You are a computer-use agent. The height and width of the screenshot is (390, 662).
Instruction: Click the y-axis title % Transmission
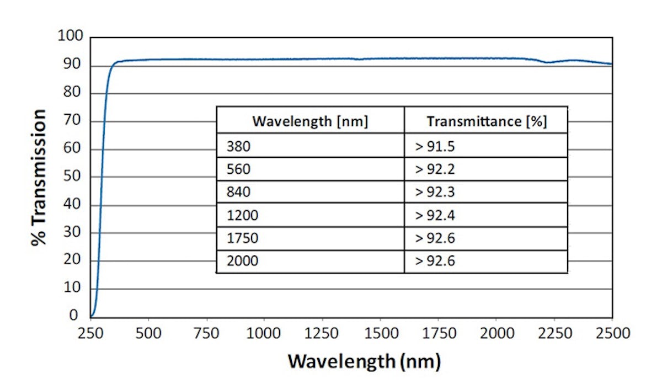[x=39, y=177]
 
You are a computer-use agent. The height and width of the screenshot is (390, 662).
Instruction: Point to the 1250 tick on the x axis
[x=322, y=333]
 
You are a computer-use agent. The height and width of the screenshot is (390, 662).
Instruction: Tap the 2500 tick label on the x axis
[x=612, y=333]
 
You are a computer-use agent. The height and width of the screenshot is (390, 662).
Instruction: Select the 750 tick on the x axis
[x=206, y=333]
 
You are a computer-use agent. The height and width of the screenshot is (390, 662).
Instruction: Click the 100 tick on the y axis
[x=71, y=37]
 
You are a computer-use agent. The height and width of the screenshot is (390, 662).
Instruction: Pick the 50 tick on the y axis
[x=76, y=177]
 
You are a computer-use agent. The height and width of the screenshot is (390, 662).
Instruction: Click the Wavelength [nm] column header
[x=310, y=120]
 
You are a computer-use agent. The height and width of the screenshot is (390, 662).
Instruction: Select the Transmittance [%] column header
[x=486, y=120]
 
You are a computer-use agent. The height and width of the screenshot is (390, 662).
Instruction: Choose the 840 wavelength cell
[x=238, y=193]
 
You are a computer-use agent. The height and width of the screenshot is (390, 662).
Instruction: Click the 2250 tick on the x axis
[x=554, y=333]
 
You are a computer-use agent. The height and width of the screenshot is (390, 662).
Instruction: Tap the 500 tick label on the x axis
[x=148, y=333]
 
